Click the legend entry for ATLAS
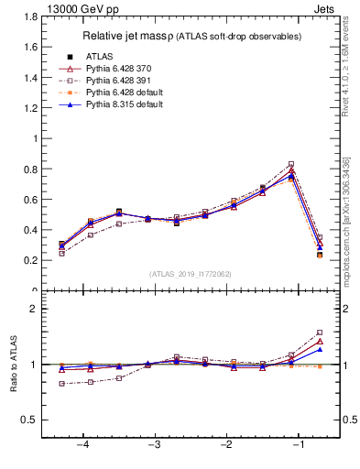point(100,57)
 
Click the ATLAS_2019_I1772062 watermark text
point(191,274)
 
